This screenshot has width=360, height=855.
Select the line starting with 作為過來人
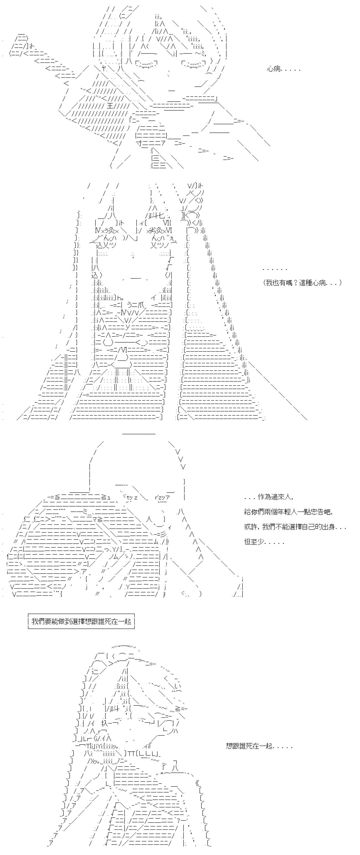tap(268, 497)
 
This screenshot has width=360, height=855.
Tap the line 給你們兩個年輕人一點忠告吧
tap(288, 512)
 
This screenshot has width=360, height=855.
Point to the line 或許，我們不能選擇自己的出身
tap(295, 527)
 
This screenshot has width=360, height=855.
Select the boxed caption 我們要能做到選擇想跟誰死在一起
tap(81, 621)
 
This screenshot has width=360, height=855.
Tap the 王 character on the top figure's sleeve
tap(110, 106)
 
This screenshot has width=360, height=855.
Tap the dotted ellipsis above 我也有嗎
tap(275, 269)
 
